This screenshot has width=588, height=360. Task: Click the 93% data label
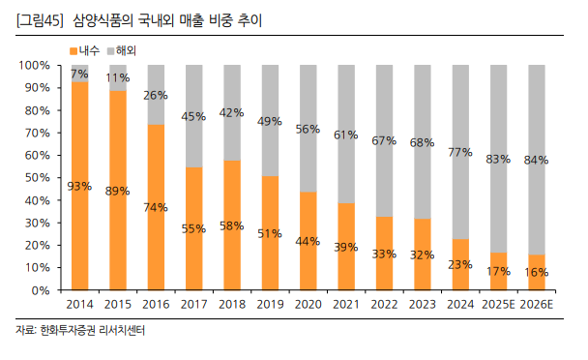pos(79,187)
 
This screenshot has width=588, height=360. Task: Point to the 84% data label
pos(535,160)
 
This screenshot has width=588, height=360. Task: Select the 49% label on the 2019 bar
pos(269,122)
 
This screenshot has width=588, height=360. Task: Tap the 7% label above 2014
pos(79,74)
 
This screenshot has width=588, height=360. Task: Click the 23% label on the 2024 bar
pos(459,264)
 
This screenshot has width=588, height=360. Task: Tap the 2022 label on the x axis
pos(383,304)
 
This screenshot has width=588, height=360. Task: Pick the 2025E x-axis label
pos(497,304)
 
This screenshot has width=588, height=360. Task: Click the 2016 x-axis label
pos(156,304)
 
